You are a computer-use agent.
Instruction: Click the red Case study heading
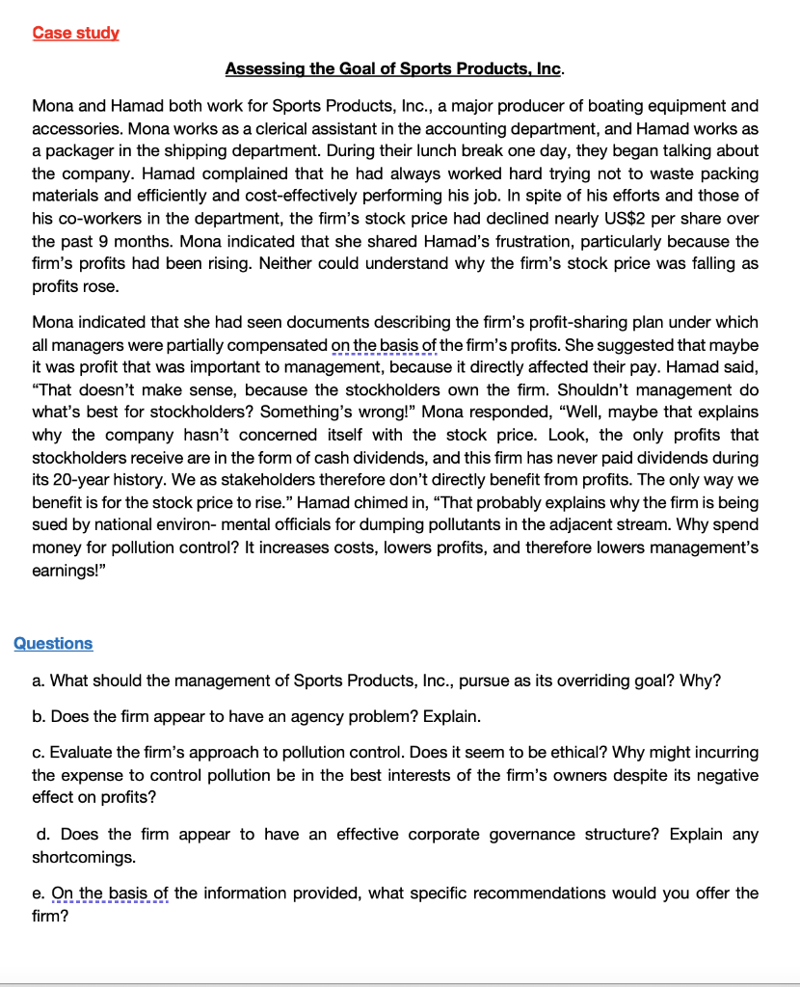[x=75, y=33]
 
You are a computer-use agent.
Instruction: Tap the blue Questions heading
[x=53, y=643]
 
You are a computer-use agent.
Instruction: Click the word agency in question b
[x=307, y=716]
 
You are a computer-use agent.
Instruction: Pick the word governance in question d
[x=524, y=834]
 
